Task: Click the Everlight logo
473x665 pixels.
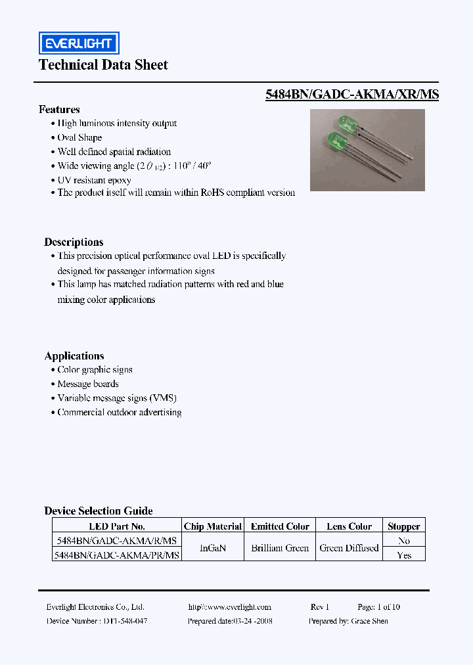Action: point(78,43)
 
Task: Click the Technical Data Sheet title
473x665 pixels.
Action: point(103,65)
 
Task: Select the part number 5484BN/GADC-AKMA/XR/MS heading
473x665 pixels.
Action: point(352,95)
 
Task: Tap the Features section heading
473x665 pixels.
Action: point(59,110)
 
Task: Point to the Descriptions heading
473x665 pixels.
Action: point(74,242)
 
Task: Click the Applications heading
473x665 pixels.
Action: point(74,356)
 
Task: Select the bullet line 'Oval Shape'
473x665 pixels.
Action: point(79,138)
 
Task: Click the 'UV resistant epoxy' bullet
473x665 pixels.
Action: point(94,180)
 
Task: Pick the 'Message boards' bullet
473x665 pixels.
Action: point(87,384)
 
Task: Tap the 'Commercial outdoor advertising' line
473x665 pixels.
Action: point(119,413)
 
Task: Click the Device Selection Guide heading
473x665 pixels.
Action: point(99,511)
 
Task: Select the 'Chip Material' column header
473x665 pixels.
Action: point(213,526)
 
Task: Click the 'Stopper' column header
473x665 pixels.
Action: point(403,526)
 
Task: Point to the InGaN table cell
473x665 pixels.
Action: point(213,548)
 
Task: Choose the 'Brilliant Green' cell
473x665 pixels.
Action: point(280,548)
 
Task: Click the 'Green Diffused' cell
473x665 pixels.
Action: point(349,548)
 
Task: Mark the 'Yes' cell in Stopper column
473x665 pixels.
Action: point(404,555)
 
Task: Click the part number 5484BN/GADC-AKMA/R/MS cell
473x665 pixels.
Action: point(116,541)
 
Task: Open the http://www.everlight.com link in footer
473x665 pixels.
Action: point(229,607)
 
